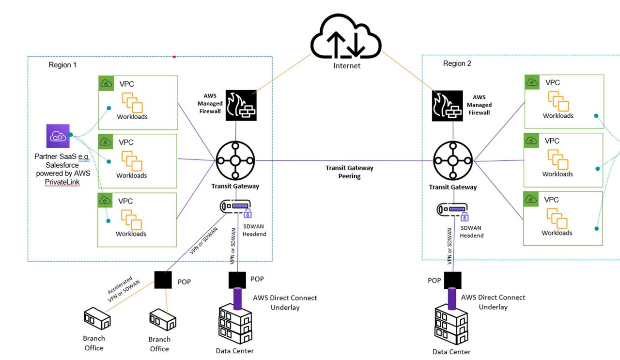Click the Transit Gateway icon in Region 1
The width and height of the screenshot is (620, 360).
[235, 160]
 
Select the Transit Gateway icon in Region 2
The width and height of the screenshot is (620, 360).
[453, 161]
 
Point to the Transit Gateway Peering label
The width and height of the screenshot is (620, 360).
[349, 172]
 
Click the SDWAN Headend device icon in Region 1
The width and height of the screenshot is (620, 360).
[236, 207]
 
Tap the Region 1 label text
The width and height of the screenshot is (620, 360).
[62, 65]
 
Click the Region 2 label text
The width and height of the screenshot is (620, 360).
[457, 63]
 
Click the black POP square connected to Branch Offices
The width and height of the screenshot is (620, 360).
[163, 280]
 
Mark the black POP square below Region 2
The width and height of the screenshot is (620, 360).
[452, 280]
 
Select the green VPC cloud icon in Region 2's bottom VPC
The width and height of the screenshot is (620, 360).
[531, 199]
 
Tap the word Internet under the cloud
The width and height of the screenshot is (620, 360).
[347, 65]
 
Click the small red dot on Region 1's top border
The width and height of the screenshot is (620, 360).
[174, 57]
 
